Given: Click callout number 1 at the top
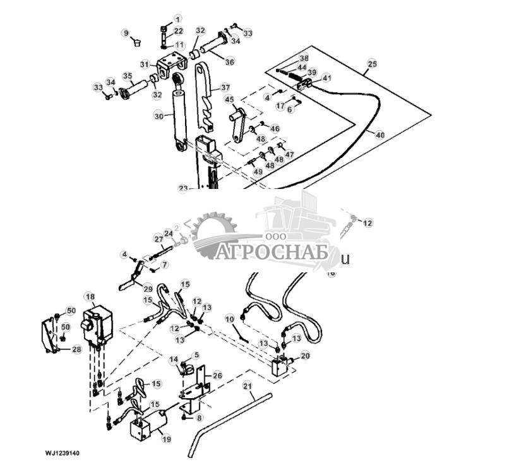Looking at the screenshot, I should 177,18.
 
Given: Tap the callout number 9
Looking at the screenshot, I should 126,32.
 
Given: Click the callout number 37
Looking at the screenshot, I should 224,87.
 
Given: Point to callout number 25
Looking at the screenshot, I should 372,64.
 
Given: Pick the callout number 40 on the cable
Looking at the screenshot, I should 379,134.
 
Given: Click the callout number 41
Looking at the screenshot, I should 326,78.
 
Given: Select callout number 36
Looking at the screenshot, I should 230,62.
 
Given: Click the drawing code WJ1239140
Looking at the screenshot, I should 62,453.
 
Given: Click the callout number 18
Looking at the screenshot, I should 90,296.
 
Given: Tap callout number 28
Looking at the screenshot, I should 76,349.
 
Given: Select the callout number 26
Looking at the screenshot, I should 217,375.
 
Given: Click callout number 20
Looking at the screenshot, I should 306,355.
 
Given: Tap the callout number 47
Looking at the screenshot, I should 290,154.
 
